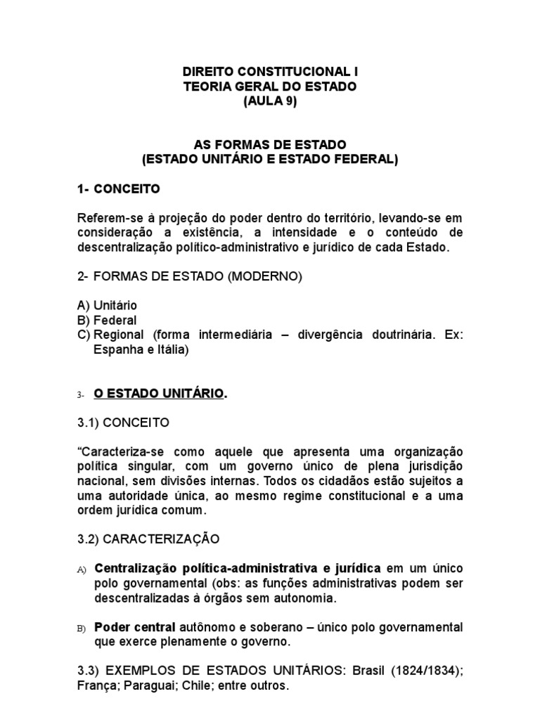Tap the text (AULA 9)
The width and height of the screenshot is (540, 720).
tap(270, 101)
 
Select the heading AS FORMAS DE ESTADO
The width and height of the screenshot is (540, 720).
tap(270, 145)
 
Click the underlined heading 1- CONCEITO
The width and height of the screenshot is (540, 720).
tap(119, 189)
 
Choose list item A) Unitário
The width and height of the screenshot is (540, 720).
tap(108, 306)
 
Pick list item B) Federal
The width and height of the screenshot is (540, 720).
tap(107, 321)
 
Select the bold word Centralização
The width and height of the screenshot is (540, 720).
tap(134, 568)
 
